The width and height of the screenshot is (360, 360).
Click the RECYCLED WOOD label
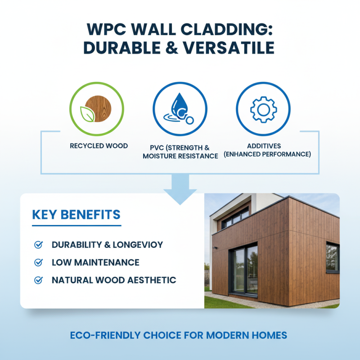(x=99, y=146)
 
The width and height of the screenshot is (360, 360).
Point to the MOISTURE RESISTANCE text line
(x=180, y=156)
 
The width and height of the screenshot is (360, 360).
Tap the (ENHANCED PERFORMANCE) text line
(x=267, y=154)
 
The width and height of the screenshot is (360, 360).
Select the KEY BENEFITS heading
(x=76, y=214)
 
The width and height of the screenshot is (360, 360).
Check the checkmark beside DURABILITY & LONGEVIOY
(x=39, y=245)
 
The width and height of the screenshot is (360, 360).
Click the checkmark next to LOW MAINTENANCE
(x=39, y=262)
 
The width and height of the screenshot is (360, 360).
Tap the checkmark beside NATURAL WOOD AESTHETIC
(x=39, y=280)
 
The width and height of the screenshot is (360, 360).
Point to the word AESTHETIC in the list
(x=151, y=280)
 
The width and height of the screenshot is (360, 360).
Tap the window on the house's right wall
(x=333, y=257)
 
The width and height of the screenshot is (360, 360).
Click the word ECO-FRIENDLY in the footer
(x=105, y=335)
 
